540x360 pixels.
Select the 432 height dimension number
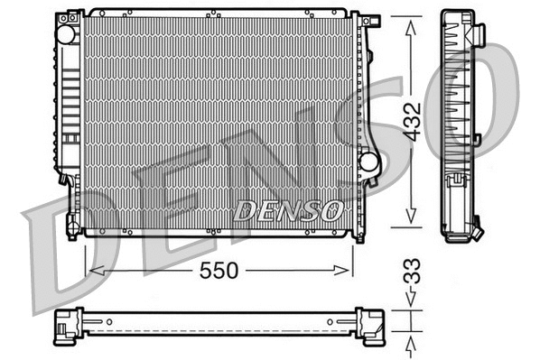[411, 121]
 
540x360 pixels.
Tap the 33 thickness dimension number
[411, 271]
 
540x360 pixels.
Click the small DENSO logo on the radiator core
[288, 210]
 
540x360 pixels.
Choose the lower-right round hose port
[368, 161]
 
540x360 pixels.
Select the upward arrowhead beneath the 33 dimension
[411, 342]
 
